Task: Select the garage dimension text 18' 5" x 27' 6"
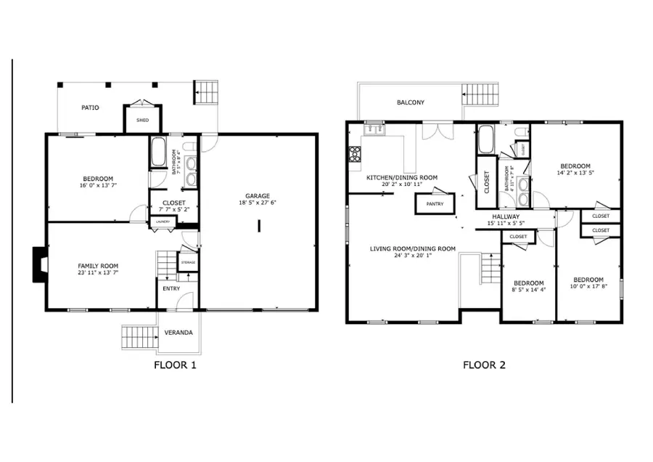tap(258, 203)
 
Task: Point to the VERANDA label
tap(178, 333)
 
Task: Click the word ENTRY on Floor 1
tap(171, 289)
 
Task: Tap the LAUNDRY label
tap(163, 222)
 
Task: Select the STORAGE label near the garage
tap(189, 262)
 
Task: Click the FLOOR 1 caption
tap(175, 365)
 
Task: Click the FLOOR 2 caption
tap(484, 365)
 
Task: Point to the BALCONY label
tap(411, 102)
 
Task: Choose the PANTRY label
tap(435, 204)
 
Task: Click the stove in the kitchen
tap(356, 153)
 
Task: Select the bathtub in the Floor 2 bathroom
tap(485, 139)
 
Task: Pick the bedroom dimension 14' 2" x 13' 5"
tap(575, 173)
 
